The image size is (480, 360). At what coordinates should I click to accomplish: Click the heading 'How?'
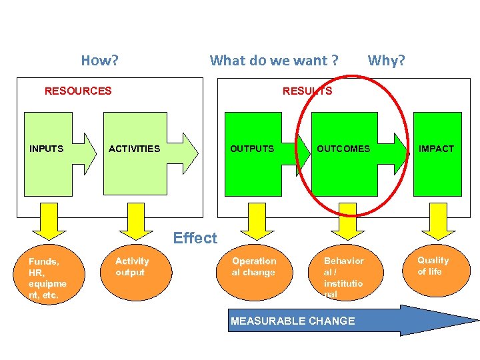100,61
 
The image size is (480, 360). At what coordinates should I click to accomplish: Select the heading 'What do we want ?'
273,61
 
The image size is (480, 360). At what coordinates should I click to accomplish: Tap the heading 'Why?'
387,61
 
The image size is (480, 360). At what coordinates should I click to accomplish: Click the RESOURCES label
78,91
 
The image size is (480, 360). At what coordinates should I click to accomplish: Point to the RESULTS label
307,91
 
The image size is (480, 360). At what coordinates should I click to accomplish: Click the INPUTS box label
46,149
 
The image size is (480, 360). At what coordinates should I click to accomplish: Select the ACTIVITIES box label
134,149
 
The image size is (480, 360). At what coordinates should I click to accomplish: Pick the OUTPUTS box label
252,149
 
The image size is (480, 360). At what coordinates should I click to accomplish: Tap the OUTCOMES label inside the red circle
343,149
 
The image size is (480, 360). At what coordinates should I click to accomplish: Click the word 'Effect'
195,238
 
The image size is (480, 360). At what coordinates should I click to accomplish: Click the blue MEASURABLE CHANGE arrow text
293,321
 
